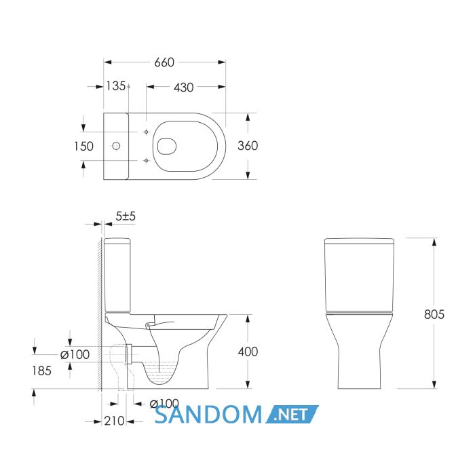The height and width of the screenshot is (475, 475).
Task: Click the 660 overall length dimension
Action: click(164, 62)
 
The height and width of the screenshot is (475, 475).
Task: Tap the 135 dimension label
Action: click(116, 86)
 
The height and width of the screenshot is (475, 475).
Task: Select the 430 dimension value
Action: click(184, 88)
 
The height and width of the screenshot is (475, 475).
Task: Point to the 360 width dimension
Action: click(248, 146)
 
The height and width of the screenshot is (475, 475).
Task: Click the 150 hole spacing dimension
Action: click(84, 147)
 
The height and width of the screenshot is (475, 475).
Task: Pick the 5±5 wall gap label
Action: click(126, 216)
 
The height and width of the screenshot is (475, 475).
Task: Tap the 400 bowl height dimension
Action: click(248, 351)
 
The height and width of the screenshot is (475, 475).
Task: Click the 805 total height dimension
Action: click(434, 314)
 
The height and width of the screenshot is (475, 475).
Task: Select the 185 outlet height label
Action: click(42, 370)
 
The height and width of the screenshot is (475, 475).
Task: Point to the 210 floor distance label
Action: click(114, 421)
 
